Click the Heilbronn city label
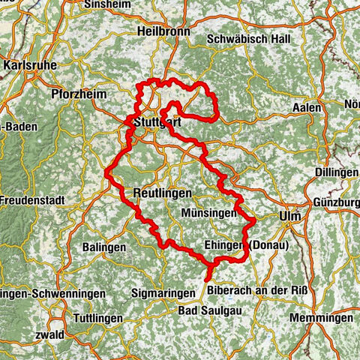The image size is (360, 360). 160,31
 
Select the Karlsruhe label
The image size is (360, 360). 31,65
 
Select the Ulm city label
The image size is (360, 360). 289,216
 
